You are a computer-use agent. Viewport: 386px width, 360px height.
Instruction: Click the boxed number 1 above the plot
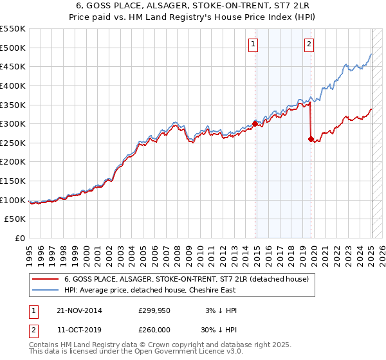(x=253, y=44)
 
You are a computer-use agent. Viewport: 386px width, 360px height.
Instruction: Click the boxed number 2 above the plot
(x=309, y=44)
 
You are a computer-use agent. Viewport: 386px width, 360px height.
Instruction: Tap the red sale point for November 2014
(x=255, y=123)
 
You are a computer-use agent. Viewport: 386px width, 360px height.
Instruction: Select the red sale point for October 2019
(x=311, y=138)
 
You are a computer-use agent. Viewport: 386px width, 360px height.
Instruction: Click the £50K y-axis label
(x=15, y=219)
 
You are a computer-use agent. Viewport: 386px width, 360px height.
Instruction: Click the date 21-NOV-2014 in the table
(x=80, y=310)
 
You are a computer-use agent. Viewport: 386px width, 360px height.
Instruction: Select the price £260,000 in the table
(x=154, y=328)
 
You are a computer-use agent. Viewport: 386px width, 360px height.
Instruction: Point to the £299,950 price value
(x=154, y=310)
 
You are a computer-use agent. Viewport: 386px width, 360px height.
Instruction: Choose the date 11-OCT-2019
(x=80, y=328)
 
